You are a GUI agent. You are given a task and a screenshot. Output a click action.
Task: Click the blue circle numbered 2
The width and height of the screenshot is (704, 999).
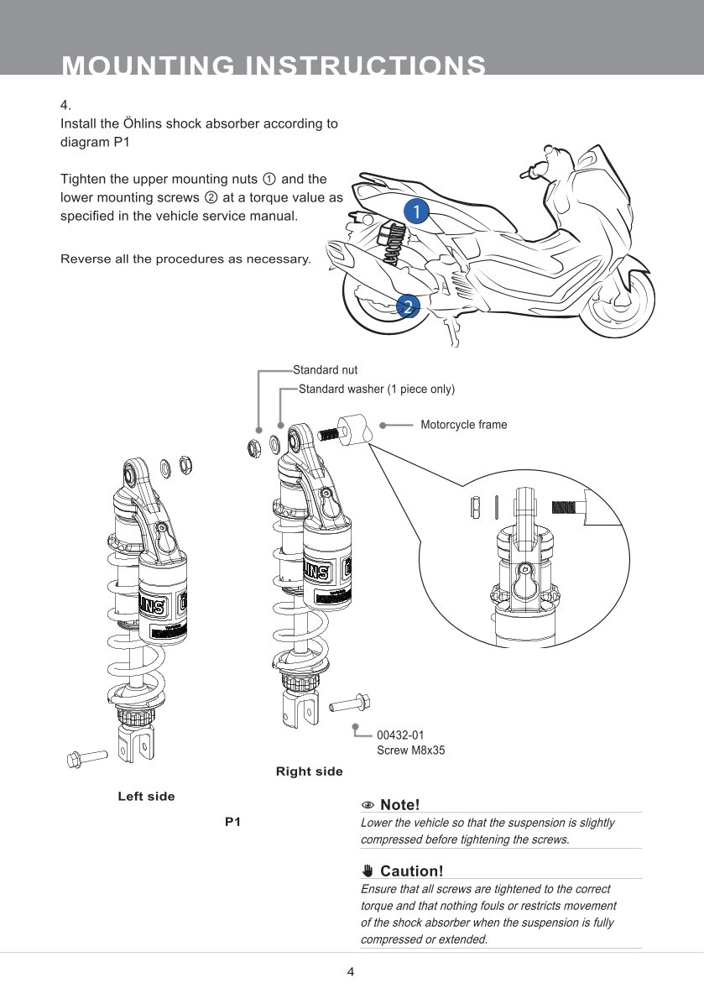pyautogui.click(x=407, y=306)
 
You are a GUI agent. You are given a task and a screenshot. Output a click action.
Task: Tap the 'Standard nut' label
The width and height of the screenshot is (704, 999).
pyautogui.click(x=325, y=369)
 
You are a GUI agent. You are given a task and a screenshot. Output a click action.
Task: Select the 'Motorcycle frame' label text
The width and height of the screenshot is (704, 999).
pyautogui.click(x=463, y=425)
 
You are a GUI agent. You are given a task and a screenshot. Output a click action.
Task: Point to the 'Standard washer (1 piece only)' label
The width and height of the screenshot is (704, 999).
pyautogui.click(x=376, y=389)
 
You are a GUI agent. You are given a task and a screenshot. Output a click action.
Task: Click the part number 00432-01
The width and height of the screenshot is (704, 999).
pyautogui.click(x=400, y=735)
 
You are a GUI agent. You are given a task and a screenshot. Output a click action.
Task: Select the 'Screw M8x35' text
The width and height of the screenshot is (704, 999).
pyautogui.click(x=410, y=751)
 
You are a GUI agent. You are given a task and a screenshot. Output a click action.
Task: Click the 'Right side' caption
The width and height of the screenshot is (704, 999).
pyautogui.click(x=309, y=771)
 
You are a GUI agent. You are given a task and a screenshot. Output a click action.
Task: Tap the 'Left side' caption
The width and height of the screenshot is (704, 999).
pyautogui.click(x=146, y=797)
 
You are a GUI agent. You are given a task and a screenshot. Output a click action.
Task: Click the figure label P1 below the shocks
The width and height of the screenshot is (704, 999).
pyautogui.click(x=232, y=822)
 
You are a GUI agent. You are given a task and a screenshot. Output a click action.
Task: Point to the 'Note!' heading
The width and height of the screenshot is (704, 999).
pyautogui.click(x=399, y=805)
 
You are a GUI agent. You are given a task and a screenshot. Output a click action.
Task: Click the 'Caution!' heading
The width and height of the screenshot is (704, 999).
pyautogui.click(x=411, y=871)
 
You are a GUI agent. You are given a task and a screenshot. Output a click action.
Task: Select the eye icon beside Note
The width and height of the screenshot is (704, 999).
pyautogui.click(x=368, y=806)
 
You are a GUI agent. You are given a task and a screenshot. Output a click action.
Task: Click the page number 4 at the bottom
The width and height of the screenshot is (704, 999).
pyautogui.click(x=352, y=972)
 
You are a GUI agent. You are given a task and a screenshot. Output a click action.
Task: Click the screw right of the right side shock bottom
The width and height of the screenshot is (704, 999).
pyautogui.click(x=352, y=702)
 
